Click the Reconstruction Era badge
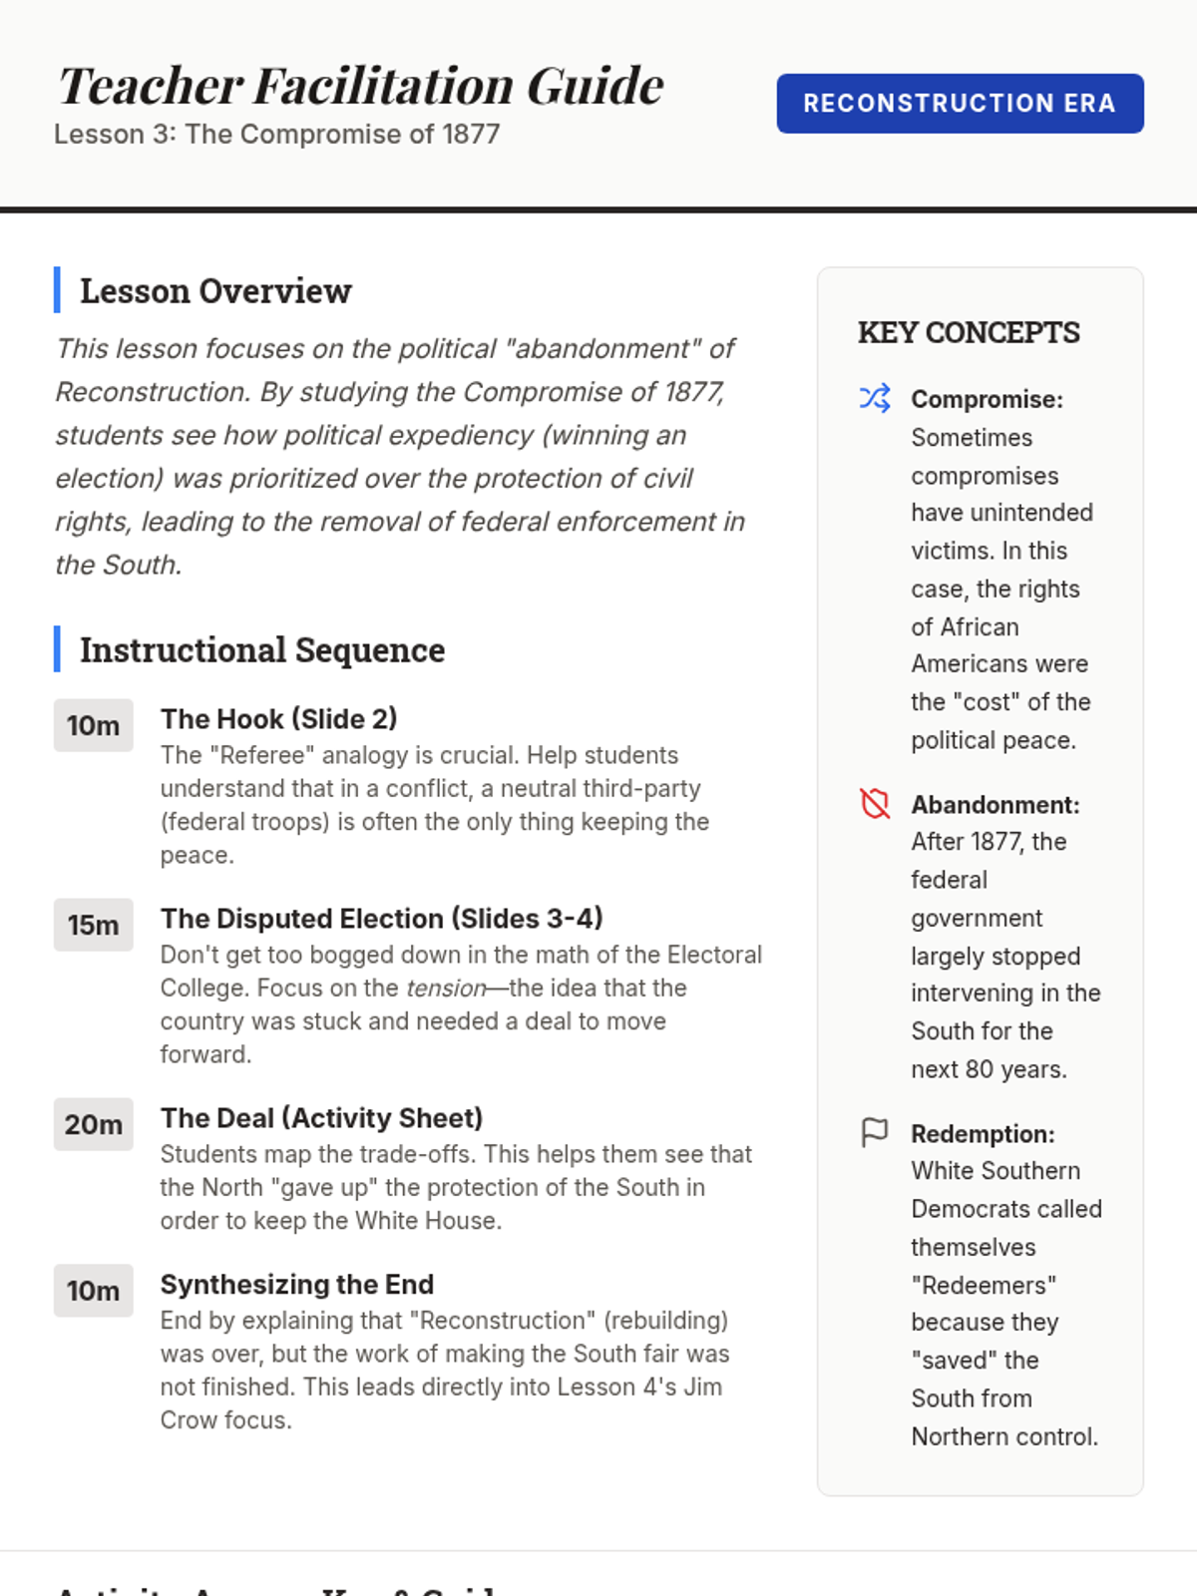(960, 103)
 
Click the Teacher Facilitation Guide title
(360, 86)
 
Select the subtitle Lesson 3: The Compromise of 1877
(276, 134)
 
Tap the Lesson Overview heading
(215, 291)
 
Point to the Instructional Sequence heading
(262, 650)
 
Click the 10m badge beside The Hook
(93, 725)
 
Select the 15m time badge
(93, 925)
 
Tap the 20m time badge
(93, 1124)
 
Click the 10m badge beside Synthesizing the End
(93, 1291)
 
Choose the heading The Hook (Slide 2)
(278, 719)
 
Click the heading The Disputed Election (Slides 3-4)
(381, 919)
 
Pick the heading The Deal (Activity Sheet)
(321, 1118)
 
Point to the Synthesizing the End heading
(296, 1285)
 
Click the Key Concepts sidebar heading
(969, 332)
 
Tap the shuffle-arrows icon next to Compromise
(875, 398)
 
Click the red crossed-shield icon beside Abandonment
(875, 803)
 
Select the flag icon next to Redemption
(875, 1132)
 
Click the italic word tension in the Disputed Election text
(445, 989)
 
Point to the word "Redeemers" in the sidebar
(984, 1285)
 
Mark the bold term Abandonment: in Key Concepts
(995, 805)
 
